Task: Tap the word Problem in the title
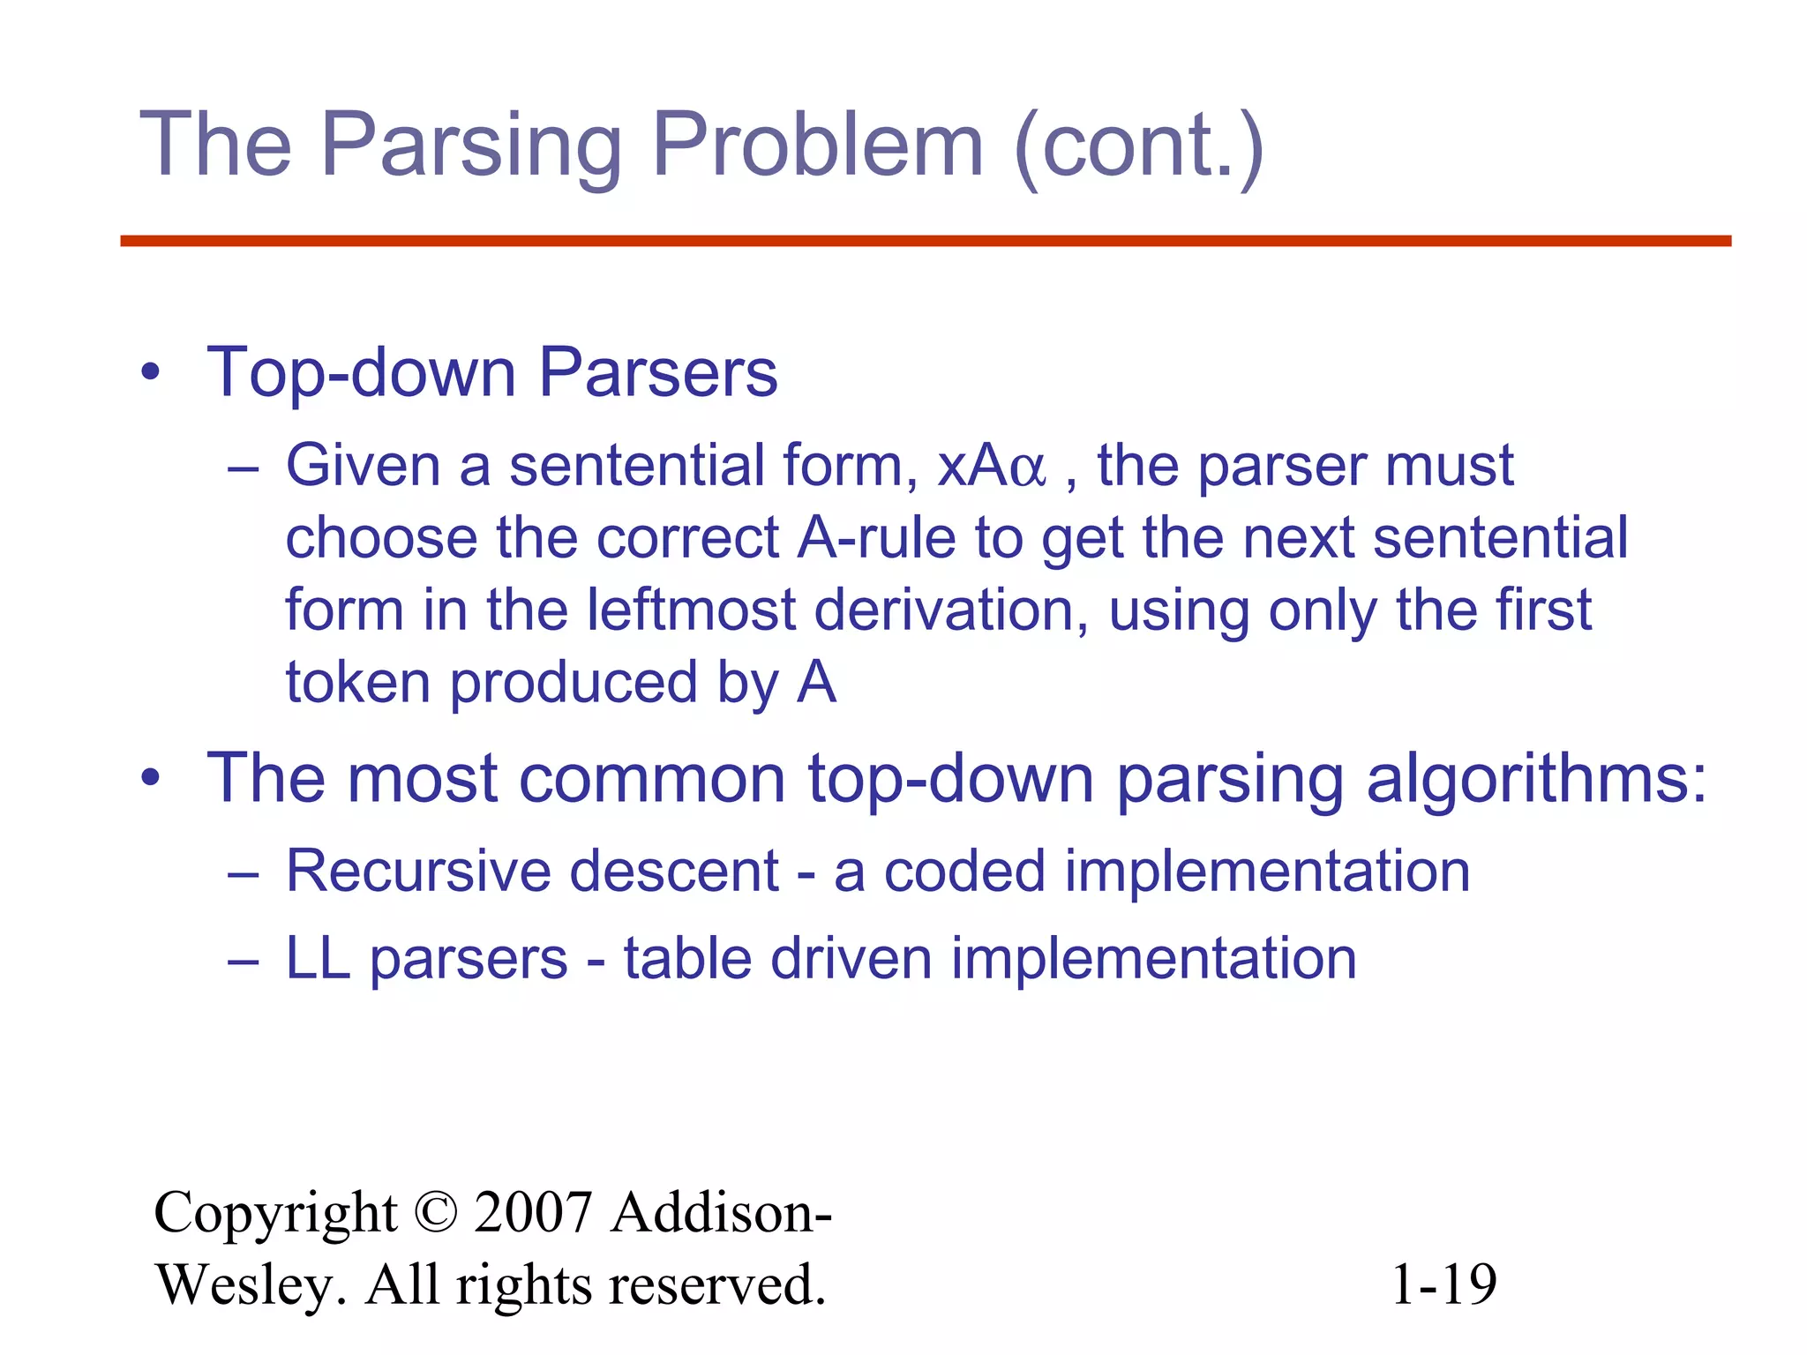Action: (x=816, y=146)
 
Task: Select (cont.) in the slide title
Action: (x=1139, y=146)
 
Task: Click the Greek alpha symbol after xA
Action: (x=1026, y=468)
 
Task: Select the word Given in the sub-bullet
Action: (x=363, y=466)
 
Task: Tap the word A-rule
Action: (x=876, y=538)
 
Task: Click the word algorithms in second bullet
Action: (x=1536, y=780)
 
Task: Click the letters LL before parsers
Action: (x=318, y=959)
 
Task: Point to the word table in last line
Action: (x=687, y=959)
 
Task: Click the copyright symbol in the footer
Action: (x=435, y=1213)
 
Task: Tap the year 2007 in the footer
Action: (x=533, y=1213)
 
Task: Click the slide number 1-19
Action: (x=1443, y=1284)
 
